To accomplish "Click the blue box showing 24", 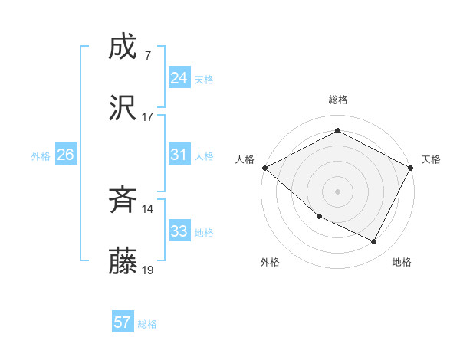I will tap(179, 78).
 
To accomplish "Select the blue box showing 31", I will tap(179, 155).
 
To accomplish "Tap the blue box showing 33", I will tap(179, 231).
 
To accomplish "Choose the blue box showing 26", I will tap(65, 155).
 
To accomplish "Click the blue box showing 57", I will tap(123, 322).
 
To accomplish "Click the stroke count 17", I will tap(148, 117).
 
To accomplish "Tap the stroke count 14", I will tap(148, 209).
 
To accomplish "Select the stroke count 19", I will tap(148, 270).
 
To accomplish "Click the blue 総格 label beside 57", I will tap(147, 324).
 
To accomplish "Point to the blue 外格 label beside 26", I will tap(41, 156).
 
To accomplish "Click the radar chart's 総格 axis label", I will tap(337, 100).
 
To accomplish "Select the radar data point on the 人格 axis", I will tap(264, 167).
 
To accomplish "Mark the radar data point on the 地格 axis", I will tap(374, 242).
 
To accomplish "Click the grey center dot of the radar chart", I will tap(337, 191).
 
